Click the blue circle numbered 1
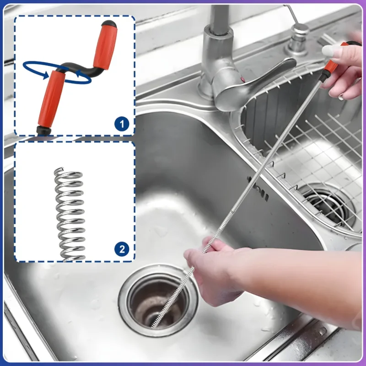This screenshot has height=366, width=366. pos(122,124)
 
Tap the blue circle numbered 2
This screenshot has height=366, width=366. pos(122,249)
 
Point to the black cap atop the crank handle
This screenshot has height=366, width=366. pos(109,24)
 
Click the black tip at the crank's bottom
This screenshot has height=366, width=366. pos(43,131)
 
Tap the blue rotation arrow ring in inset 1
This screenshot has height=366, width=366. pos(57,73)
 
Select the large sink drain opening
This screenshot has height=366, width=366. pos(158,301)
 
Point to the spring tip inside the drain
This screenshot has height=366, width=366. pos(153,325)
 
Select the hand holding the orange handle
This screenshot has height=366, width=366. pos(343,70)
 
